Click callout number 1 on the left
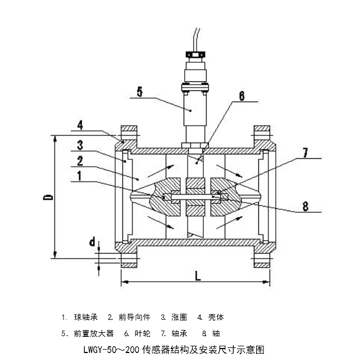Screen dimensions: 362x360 point(81,176)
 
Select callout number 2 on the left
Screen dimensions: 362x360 point(80,161)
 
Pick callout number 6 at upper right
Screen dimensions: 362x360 point(241,96)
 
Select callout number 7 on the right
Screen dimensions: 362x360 point(305,152)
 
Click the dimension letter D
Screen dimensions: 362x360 point(48,197)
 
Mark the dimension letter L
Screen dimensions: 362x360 point(197,276)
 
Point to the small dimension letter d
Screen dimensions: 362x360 point(92,243)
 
